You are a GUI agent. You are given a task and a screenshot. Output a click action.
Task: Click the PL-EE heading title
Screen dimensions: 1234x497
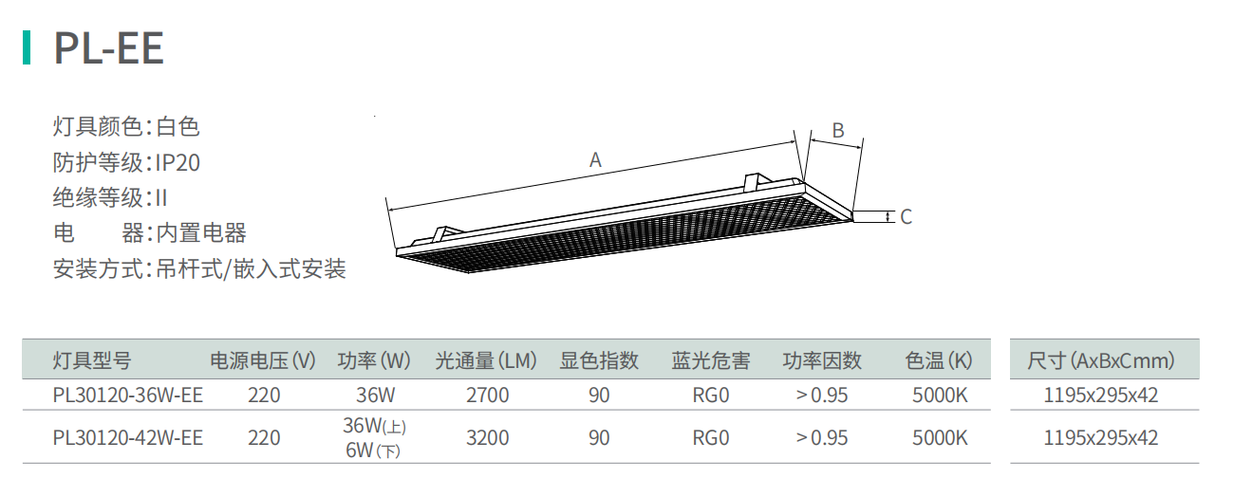click(108, 48)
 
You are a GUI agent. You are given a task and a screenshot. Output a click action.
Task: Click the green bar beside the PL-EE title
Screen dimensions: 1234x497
click(26, 47)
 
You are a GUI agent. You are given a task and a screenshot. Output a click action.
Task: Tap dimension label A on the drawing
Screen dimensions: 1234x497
click(595, 160)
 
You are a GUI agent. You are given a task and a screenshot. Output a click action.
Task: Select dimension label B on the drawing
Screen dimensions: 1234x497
click(838, 131)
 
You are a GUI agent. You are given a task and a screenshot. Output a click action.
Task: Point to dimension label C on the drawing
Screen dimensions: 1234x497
click(907, 217)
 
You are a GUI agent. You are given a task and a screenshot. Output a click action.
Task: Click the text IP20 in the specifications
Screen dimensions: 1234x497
click(178, 163)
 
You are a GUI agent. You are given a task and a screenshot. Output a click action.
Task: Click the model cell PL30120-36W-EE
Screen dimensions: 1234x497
click(128, 396)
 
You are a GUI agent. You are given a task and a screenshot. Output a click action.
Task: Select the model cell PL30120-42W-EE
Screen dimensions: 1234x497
click(128, 438)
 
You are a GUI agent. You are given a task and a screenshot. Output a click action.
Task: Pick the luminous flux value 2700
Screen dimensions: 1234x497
click(488, 396)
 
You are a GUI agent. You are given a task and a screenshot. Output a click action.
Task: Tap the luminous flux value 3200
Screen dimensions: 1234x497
click(488, 438)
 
